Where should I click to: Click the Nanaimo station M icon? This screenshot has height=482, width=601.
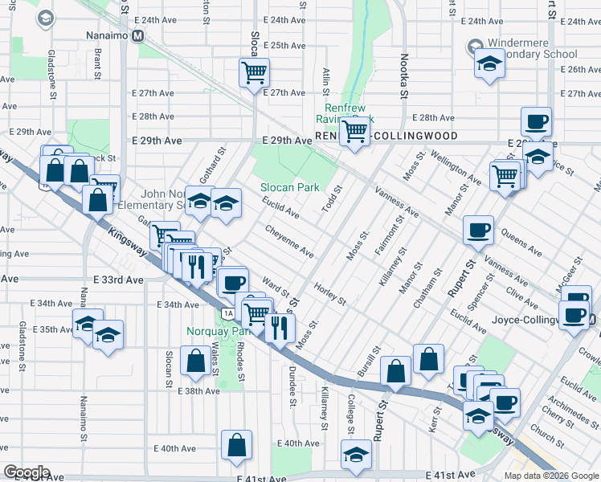point(138,36)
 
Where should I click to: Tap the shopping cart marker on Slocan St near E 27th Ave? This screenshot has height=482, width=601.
point(255,73)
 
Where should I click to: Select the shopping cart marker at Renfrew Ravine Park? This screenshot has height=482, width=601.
point(354,131)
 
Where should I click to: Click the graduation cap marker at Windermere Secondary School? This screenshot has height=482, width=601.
point(488,63)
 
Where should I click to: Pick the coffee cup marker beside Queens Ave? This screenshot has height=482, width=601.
point(479,231)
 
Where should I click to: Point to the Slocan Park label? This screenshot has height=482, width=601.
point(289,187)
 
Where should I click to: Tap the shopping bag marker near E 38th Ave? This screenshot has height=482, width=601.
point(196,361)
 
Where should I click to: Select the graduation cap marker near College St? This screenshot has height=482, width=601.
point(354,455)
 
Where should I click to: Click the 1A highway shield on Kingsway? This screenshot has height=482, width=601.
point(229,312)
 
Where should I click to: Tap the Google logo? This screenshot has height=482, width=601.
point(27,472)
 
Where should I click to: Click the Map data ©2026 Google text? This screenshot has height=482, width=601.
point(552,475)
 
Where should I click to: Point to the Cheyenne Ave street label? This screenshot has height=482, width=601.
point(290,240)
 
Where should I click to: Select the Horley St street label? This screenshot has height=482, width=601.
point(329,294)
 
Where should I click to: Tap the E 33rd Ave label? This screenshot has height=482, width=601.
point(118,280)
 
